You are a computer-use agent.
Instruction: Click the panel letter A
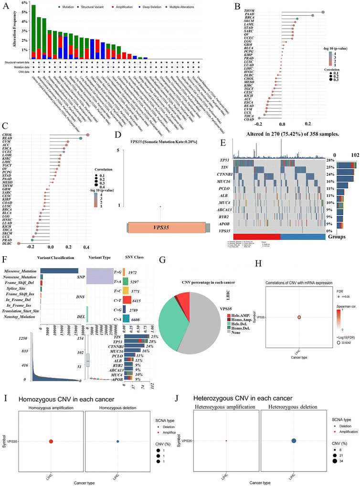click(6, 6)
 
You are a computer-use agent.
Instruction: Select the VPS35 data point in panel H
click(299, 317)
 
